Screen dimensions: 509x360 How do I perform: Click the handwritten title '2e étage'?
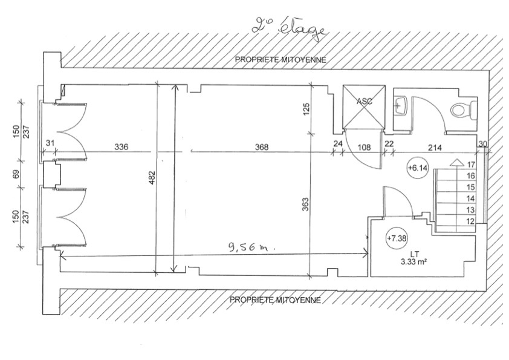(288, 31)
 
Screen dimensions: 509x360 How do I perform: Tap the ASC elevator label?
(365, 102)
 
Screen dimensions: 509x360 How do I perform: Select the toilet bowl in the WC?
(464, 110)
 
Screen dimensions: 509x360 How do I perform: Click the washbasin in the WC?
(401, 105)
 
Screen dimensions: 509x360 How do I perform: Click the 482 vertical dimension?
(152, 177)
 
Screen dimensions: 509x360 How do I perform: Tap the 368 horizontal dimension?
(262, 147)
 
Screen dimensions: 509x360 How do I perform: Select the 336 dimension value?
(122, 147)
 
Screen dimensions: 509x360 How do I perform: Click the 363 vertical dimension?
(306, 205)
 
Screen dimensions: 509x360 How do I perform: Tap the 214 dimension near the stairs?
(435, 148)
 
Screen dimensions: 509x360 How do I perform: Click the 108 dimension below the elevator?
(365, 148)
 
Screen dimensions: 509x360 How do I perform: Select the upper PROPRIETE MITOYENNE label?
(280, 60)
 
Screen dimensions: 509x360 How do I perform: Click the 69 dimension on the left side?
(16, 174)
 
